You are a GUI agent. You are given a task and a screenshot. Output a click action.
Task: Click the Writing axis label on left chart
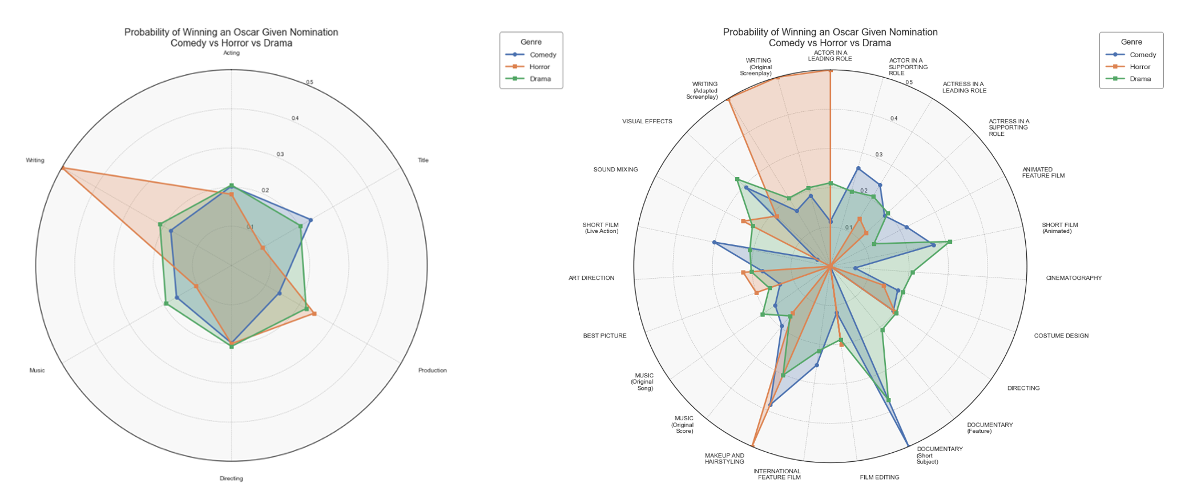coord(35,160)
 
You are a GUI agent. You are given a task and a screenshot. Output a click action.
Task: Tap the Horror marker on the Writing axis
coord(62,168)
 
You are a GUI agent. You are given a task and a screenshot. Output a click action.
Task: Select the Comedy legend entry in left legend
coord(542,55)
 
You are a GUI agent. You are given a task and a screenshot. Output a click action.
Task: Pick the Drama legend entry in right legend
coord(1139,79)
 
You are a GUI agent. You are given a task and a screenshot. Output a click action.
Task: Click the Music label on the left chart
coord(37,371)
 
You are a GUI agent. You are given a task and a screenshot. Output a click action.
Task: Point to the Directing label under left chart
coord(231,478)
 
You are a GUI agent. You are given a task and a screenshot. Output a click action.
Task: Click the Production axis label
coord(432,371)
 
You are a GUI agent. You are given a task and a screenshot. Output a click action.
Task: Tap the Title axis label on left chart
coord(423,160)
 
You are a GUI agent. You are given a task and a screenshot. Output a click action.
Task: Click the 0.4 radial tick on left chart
coord(295,118)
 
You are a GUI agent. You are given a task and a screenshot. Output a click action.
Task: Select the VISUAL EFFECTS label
coord(647,122)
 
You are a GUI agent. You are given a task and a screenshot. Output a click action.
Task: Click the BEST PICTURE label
coord(604,336)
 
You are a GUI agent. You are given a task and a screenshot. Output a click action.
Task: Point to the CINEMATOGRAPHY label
coord(1073,278)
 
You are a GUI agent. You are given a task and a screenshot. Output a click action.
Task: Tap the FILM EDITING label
coord(879,477)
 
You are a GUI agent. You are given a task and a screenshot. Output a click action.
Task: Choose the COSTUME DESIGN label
coord(1061,336)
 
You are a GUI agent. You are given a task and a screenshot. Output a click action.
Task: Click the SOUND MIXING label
coord(615,170)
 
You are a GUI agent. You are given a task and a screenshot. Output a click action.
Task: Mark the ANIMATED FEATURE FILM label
coord(1043,172)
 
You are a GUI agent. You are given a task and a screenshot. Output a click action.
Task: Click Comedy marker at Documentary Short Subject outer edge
coord(908,446)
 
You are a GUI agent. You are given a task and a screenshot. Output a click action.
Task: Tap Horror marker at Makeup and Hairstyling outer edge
coord(753,445)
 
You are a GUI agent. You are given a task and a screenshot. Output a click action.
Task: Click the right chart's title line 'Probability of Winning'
coord(830,33)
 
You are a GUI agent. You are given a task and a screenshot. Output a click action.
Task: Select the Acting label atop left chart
coord(231,53)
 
